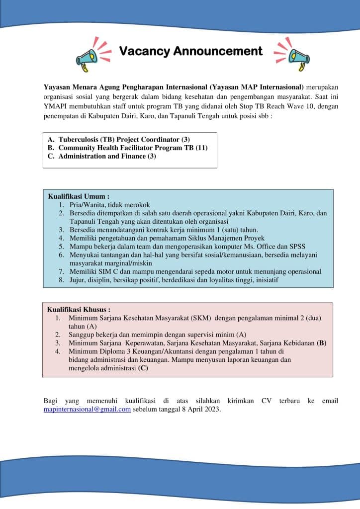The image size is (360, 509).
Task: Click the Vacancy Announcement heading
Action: click(x=191, y=51)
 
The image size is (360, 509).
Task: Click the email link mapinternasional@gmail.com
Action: click(x=87, y=410)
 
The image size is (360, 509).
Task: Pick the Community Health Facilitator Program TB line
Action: click(x=133, y=148)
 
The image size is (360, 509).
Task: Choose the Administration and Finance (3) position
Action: click(x=107, y=156)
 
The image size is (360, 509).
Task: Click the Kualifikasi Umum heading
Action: click(x=78, y=196)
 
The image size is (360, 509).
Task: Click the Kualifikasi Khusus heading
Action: click(x=79, y=309)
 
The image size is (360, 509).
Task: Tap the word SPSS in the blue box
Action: click(x=297, y=246)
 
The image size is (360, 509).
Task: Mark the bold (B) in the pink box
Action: click(x=321, y=343)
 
